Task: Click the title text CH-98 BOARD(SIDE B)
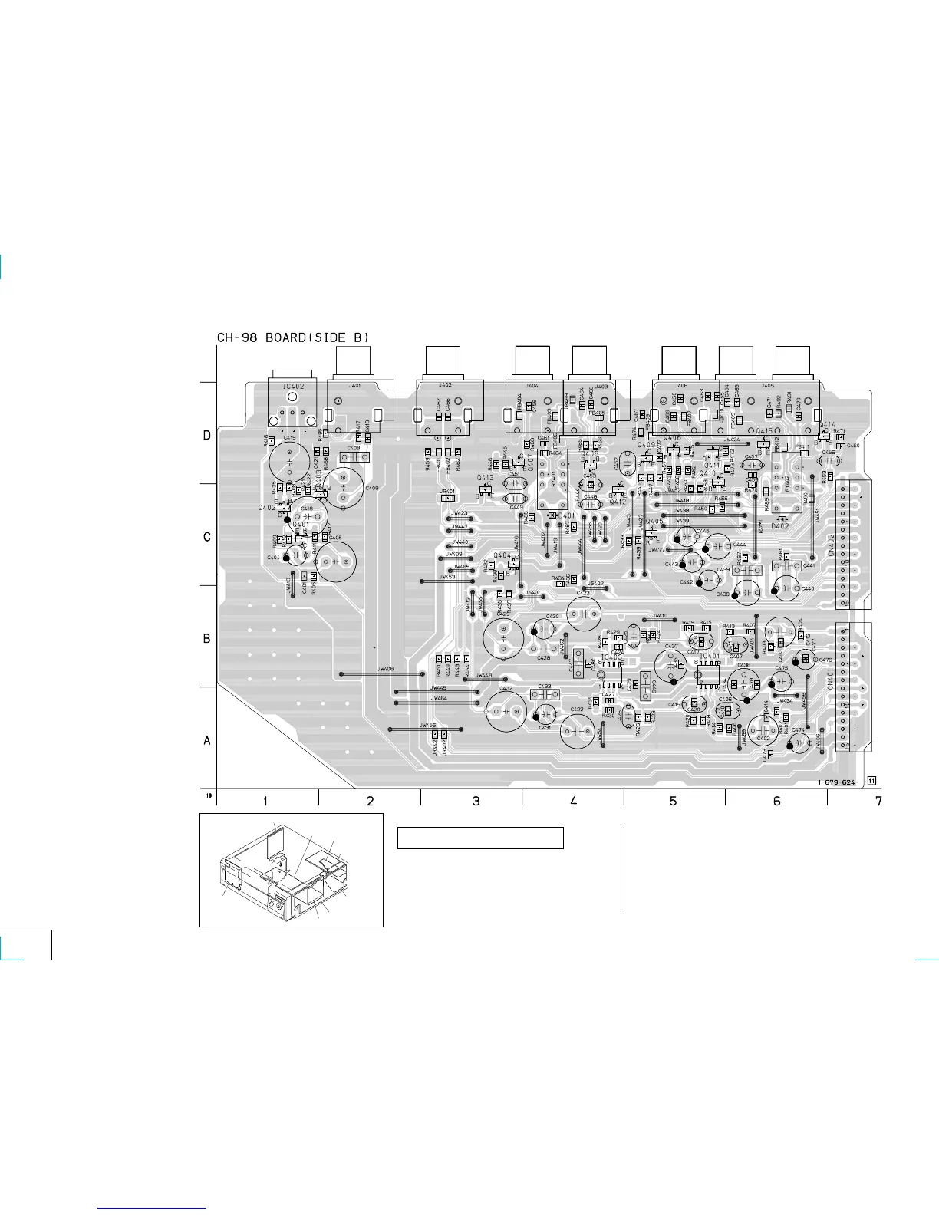[293, 337]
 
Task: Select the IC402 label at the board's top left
[292, 387]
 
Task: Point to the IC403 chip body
[611, 675]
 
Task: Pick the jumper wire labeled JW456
[427, 729]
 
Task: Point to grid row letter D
[206, 436]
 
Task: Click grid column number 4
[574, 802]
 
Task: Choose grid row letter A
[206, 741]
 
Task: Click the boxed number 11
[872, 782]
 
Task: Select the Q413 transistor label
[485, 478]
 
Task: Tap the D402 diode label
[780, 526]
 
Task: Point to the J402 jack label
[445, 386]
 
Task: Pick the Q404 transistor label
[502, 555]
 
